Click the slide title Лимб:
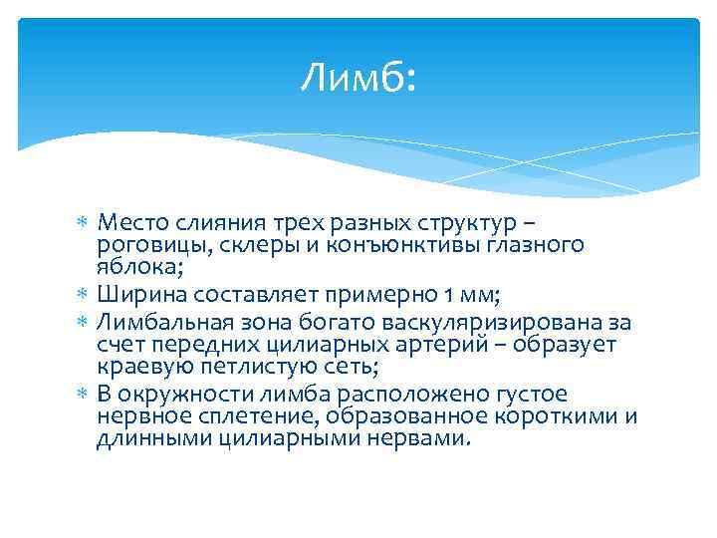coord(358,77)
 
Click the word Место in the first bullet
coord(132,222)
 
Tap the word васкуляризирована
coord(504,321)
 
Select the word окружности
coord(172,393)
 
